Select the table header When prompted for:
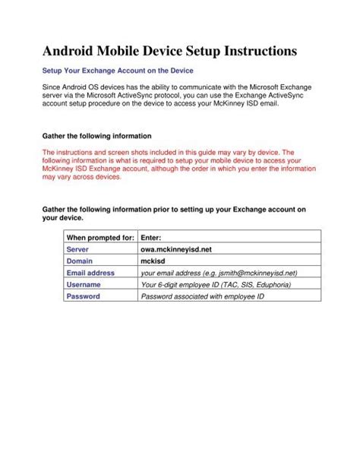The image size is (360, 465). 100,238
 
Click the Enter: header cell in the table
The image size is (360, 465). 153,238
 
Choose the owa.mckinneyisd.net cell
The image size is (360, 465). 176,249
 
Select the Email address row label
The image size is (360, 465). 90,272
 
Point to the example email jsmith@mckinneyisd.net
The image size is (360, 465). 256,273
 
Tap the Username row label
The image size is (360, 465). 84,284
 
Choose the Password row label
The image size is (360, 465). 84,296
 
